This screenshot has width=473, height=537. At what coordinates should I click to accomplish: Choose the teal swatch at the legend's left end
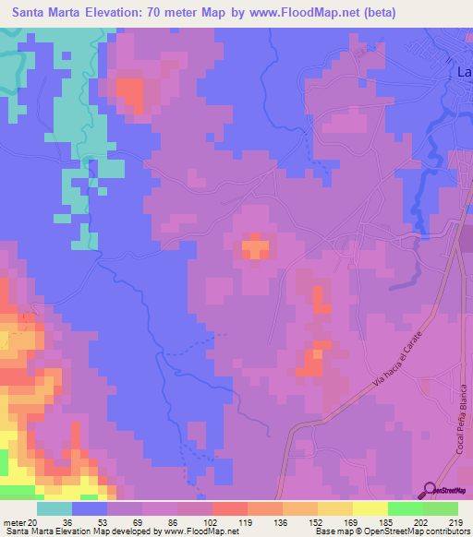pyautogui.click(x=55, y=507)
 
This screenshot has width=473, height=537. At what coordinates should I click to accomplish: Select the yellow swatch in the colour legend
pyautogui.click(x=370, y=507)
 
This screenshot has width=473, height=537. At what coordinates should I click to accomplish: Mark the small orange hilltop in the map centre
pyautogui.click(x=255, y=247)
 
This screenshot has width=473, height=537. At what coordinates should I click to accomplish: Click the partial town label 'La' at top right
pyautogui.click(x=465, y=71)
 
